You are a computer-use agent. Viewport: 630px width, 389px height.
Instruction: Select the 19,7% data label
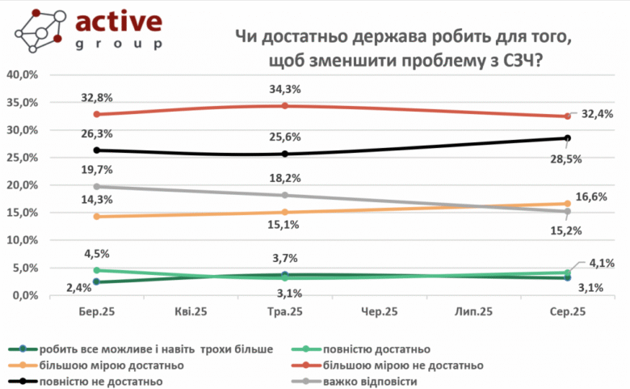pyautogui.click(x=96, y=171)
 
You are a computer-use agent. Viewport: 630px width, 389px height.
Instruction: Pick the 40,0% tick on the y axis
pyautogui.click(x=23, y=74)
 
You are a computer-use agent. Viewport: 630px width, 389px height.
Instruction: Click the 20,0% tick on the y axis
pyautogui.click(x=23, y=185)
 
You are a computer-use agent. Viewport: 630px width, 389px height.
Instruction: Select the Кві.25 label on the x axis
pyautogui.click(x=191, y=311)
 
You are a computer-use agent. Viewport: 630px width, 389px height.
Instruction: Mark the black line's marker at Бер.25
pyautogui.click(x=97, y=150)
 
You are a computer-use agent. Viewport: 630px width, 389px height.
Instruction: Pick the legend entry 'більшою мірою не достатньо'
pyautogui.click(x=403, y=365)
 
